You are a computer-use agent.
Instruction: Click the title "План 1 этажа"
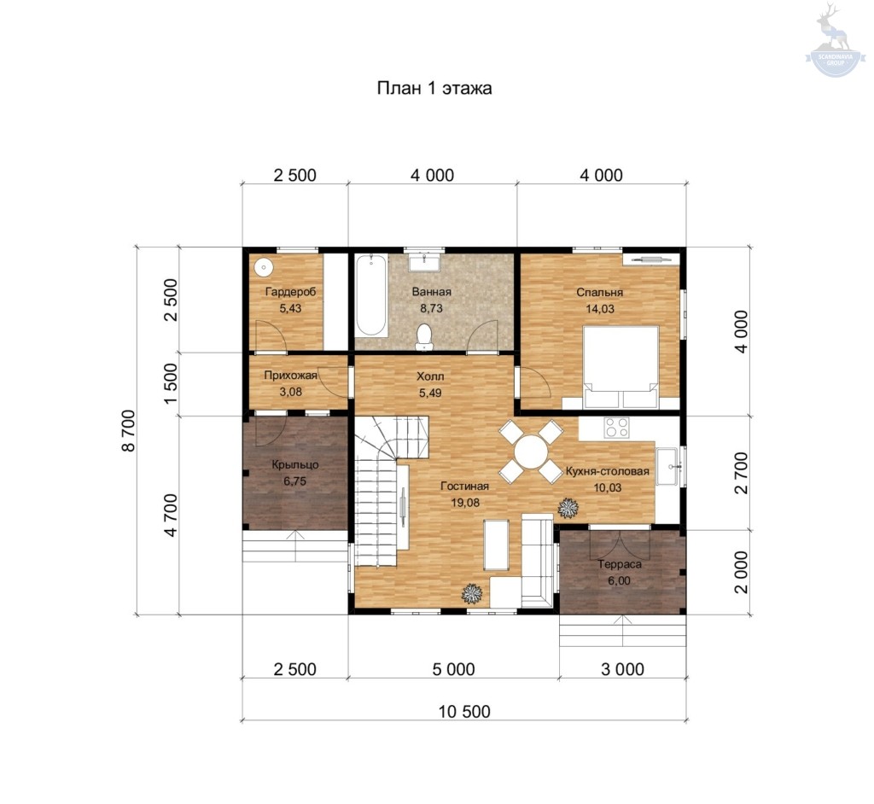[x=434, y=89]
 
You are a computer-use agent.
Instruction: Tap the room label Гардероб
[x=290, y=292]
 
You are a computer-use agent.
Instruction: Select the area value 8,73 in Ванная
[x=431, y=308]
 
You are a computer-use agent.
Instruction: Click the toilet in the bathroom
[x=425, y=336]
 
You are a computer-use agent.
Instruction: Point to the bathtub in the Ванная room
[x=371, y=295]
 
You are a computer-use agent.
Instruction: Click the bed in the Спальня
[x=621, y=366]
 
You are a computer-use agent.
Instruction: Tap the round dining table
[x=531, y=452]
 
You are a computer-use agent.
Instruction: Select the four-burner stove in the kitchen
[x=617, y=427]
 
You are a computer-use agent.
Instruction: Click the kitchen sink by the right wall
[x=667, y=467]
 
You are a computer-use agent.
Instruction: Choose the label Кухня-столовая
[x=607, y=472]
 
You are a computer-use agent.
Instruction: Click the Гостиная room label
[x=464, y=486]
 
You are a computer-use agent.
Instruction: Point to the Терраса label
[x=620, y=564]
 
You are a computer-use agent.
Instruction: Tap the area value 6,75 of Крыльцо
[x=294, y=481]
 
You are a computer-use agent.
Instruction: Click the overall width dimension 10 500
[x=464, y=712]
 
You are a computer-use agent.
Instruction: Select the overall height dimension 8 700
[x=129, y=430]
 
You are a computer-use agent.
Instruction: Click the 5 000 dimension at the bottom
[x=454, y=669]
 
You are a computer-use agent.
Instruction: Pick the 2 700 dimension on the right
[x=741, y=473]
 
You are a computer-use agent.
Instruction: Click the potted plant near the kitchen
[x=568, y=507]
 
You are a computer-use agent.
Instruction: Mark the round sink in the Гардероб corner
[x=263, y=268]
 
